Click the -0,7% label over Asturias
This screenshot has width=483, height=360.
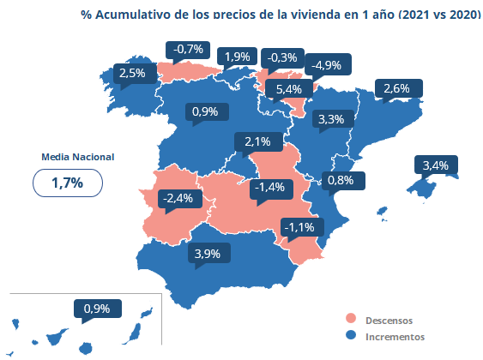pos(188,50)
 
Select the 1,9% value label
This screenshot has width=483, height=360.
pos(237,57)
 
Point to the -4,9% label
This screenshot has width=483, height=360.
pos(328,65)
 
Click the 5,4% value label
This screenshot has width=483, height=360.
pos(288,89)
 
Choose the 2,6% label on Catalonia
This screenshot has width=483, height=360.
pos(399,88)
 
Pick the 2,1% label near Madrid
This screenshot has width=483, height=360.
pos(258,141)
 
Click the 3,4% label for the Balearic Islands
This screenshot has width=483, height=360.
pos(436,165)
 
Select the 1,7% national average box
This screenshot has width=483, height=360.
pos(68,183)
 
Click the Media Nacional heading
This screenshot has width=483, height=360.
pos(77,157)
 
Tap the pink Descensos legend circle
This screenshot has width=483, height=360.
pos(351,319)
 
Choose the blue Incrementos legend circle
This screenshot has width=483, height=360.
pos(351,335)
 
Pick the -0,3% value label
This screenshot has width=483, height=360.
pos(282,57)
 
